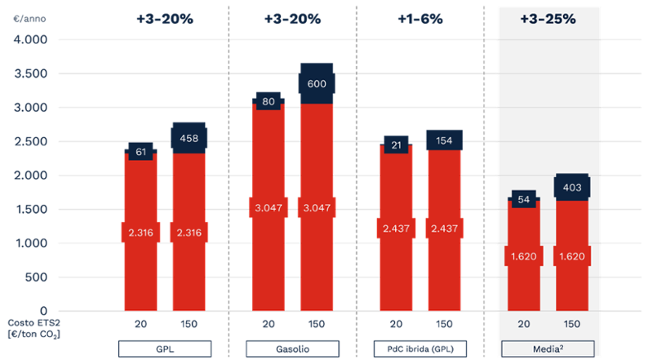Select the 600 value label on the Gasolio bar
(x=317, y=83)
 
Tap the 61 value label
(x=141, y=151)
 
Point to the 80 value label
(x=269, y=102)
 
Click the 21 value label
(x=396, y=145)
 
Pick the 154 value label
(x=444, y=140)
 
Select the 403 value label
(x=572, y=188)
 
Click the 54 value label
(x=524, y=199)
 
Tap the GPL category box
(x=165, y=348)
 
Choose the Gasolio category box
(x=292, y=348)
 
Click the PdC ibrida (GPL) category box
(x=420, y=348)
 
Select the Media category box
(x=549, y=348)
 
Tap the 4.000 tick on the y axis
(x=30, y=39)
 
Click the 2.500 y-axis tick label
(x=30, y=141)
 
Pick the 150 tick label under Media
(x=572, y=324)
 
